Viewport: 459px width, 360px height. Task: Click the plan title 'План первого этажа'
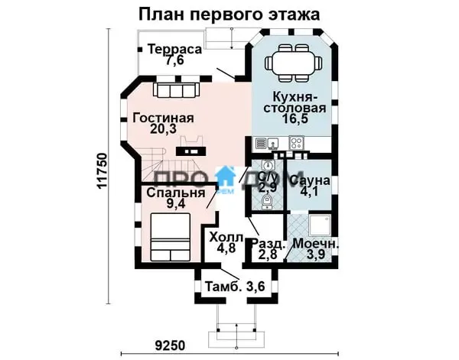point(229,15)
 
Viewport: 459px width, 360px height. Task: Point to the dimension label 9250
point(170,345)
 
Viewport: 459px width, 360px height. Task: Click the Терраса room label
point(174,49)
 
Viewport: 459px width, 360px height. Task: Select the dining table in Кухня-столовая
point(293,63)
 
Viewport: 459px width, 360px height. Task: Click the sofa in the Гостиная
point(176,89)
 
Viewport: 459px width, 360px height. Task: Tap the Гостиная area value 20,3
point(163,128)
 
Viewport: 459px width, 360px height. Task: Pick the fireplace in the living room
point(190,146)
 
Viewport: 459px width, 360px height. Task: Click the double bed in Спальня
point(170,237)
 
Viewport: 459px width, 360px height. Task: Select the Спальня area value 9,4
point(176,204)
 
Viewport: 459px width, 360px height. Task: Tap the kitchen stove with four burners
point(296,143)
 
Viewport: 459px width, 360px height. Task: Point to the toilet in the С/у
point(266,202)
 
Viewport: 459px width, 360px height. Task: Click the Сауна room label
point(311,180)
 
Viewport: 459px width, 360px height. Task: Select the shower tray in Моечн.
point(320,225)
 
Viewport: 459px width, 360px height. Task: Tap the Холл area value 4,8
point(226,248)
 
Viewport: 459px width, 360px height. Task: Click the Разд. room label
point(269,244)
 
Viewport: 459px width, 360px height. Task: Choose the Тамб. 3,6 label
point(235,287)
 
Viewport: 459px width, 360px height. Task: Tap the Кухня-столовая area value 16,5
point(295,119)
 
